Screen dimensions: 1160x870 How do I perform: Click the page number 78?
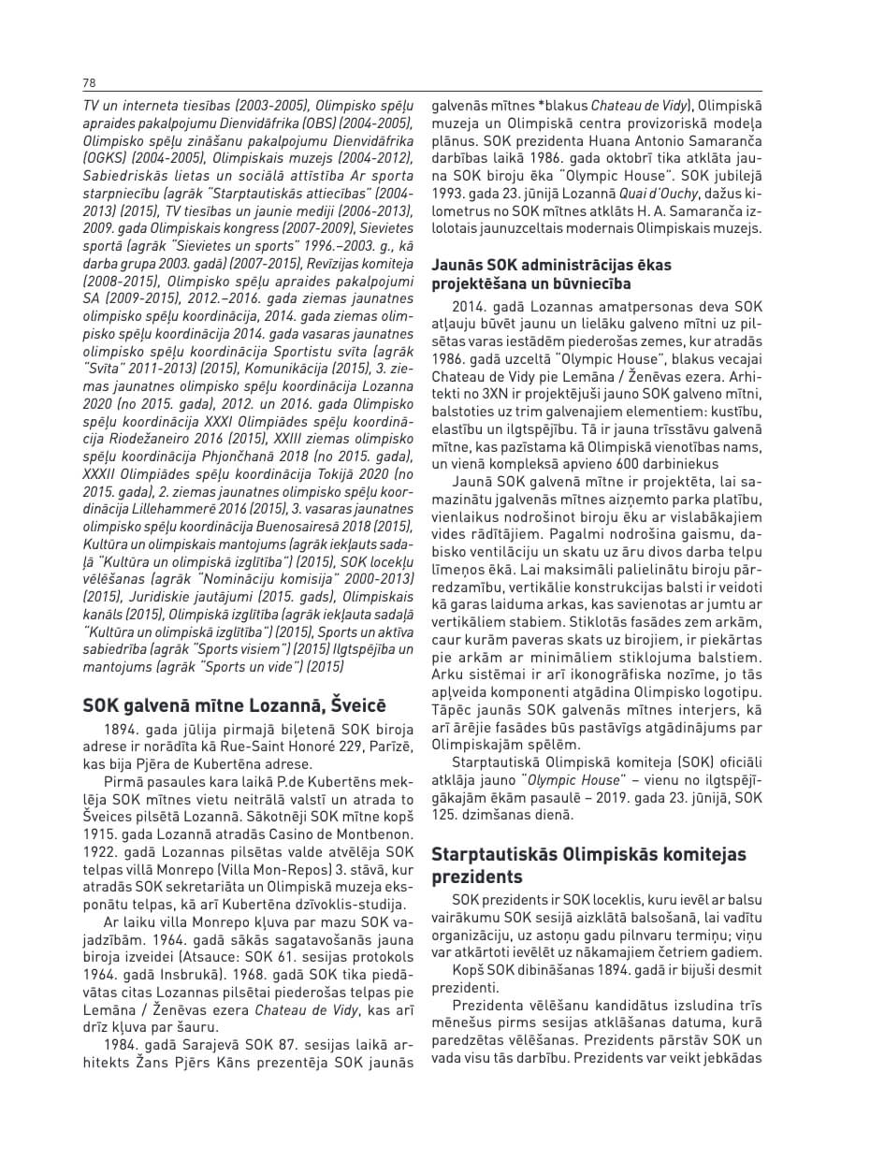(x=89, y=83)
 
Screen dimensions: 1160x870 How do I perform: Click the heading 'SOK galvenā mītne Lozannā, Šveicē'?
(x=234, y=706)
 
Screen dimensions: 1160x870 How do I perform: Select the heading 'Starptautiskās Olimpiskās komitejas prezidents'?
(x=588, y=866)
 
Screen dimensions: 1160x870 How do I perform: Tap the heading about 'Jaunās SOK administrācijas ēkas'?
(x=551, y=274)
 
